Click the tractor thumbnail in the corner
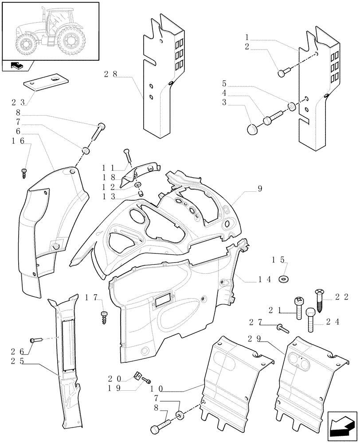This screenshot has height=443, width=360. tap(50, 31)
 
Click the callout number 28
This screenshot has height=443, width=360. tap(111, 74)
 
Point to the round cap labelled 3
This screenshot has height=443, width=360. tap(252, 129)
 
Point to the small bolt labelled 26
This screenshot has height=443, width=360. tap(35, 340)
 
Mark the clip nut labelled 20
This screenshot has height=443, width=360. tap(138, 377)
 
